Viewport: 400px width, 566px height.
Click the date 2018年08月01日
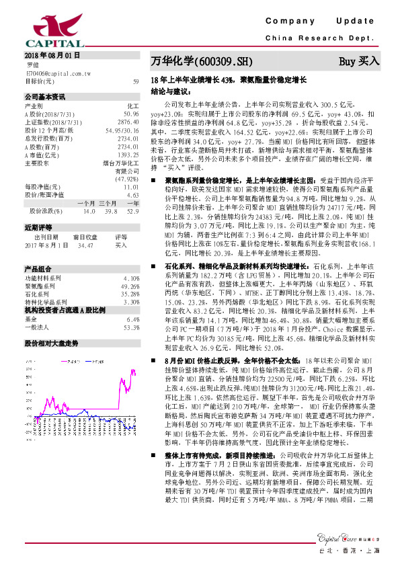tap(52, 54)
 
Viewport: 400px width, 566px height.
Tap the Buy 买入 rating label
tap(358, 62)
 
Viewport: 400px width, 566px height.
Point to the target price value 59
tap(135, 81)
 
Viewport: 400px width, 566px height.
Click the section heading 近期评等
tap(38, 228)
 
